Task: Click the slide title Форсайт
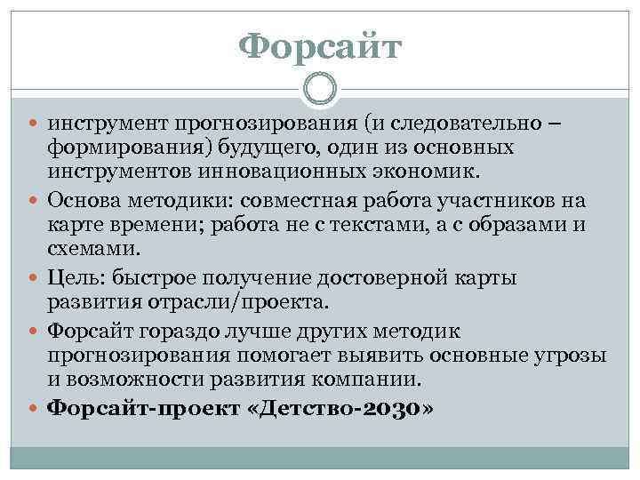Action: [321, 47]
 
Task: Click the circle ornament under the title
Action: [320, 89]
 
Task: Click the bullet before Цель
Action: [36, 279]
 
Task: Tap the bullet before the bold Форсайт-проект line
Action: [36, 410]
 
